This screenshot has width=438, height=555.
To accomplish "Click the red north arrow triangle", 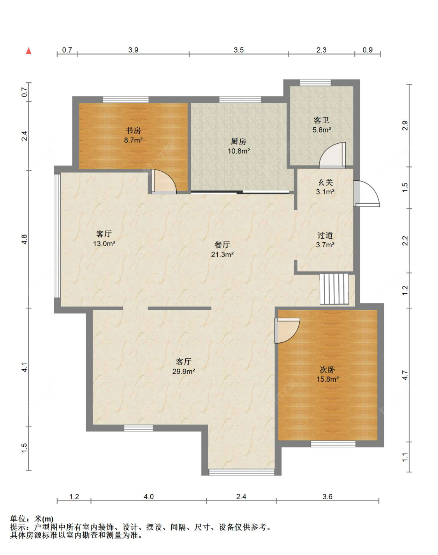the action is pos(28,51).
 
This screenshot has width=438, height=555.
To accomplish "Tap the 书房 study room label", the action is pos(133,130).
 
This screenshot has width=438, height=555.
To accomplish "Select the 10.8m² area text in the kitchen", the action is pos(238,151).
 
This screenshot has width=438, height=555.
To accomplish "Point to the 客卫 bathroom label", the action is pos(321,120).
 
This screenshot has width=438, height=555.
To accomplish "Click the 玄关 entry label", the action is pos(325,182).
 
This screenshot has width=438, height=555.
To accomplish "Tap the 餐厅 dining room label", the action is pos(222,245).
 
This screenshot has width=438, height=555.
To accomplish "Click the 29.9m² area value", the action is pos(183,372).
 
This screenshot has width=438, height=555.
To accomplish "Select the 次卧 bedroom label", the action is pos(327,370).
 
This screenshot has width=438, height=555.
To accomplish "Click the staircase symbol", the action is pos(334,289).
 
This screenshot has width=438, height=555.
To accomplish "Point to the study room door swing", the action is pos(164,181).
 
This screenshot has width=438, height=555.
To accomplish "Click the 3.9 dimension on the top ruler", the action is pos(133,50).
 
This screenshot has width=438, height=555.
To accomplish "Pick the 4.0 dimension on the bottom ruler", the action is pos(148,497).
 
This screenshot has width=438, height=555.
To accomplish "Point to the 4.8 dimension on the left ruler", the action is pos(24,239).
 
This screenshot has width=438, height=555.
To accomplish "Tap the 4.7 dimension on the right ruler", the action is pos(405,375).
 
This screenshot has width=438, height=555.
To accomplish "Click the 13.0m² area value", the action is pos(104,243).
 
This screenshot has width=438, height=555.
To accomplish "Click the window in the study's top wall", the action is pos(126,100).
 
